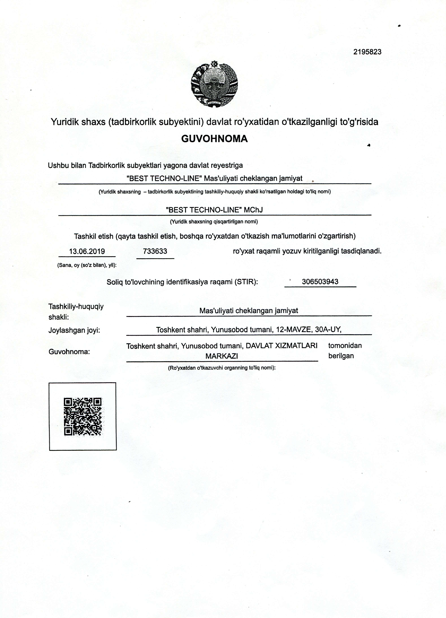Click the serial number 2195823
tap(367, 52)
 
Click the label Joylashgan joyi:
tap(74, 330)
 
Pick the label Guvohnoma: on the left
tap(69, 352)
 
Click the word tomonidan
tap(345, 346)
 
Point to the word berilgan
tap(341, 356)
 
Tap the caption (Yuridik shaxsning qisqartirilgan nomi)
tap(214, 222)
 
